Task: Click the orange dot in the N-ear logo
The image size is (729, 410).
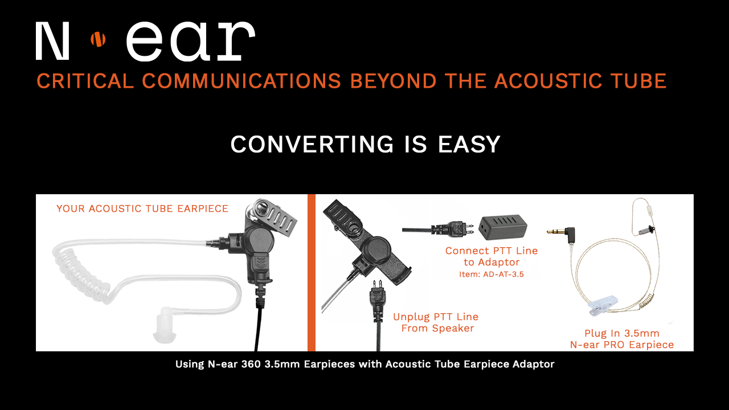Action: point(99,39)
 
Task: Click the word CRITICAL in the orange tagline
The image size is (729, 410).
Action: point(85,81)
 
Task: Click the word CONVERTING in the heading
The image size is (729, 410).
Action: point(312,144)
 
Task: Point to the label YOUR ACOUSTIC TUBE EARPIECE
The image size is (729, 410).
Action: point(142,209)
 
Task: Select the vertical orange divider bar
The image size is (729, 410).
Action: point(312,273)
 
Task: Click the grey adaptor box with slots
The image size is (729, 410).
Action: point(503,226)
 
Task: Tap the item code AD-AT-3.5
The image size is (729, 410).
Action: point(491,274)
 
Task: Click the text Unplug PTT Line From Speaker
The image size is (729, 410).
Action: point(436,322)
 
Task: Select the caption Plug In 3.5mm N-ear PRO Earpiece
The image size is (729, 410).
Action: point(622,339)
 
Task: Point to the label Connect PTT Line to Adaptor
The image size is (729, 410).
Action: point(491,256)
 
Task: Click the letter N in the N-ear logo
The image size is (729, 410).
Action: point(53,41)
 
